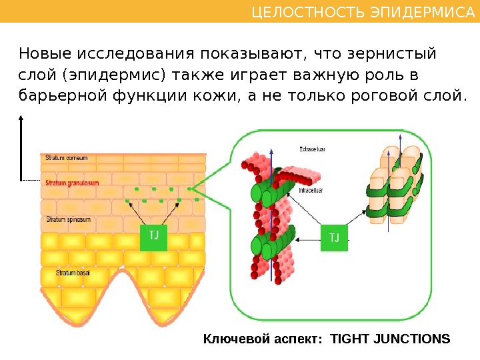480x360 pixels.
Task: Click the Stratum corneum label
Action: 67,159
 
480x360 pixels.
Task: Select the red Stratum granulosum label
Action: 73,182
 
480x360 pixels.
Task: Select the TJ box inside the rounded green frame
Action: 334,238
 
